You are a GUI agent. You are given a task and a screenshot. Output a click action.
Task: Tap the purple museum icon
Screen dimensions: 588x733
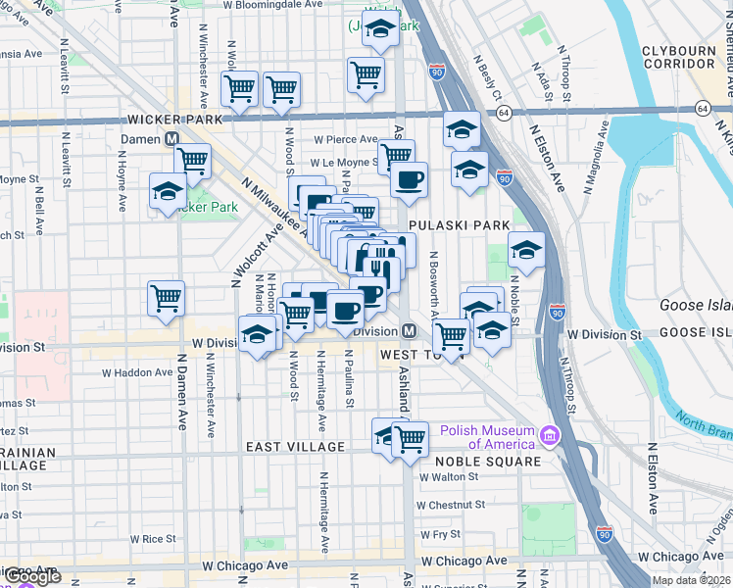tap(550, 434)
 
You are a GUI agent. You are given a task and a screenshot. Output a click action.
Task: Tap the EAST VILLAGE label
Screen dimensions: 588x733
tap(295, 447)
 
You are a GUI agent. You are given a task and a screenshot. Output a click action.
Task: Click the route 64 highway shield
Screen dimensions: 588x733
tap(702, 108)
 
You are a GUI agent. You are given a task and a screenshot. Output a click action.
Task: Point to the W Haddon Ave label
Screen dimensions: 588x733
tap(137, 372)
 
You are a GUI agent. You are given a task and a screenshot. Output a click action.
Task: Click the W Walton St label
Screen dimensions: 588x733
tap(449, 477)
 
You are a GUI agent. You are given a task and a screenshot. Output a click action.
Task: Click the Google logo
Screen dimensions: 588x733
tap(32, 576)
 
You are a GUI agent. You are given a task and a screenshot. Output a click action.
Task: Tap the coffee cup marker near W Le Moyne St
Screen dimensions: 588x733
tap(409, 180)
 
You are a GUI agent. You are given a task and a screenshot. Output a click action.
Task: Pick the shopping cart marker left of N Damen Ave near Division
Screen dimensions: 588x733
tap(166, 298)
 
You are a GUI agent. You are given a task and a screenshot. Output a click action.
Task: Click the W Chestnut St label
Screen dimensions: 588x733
tap(451, 506)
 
